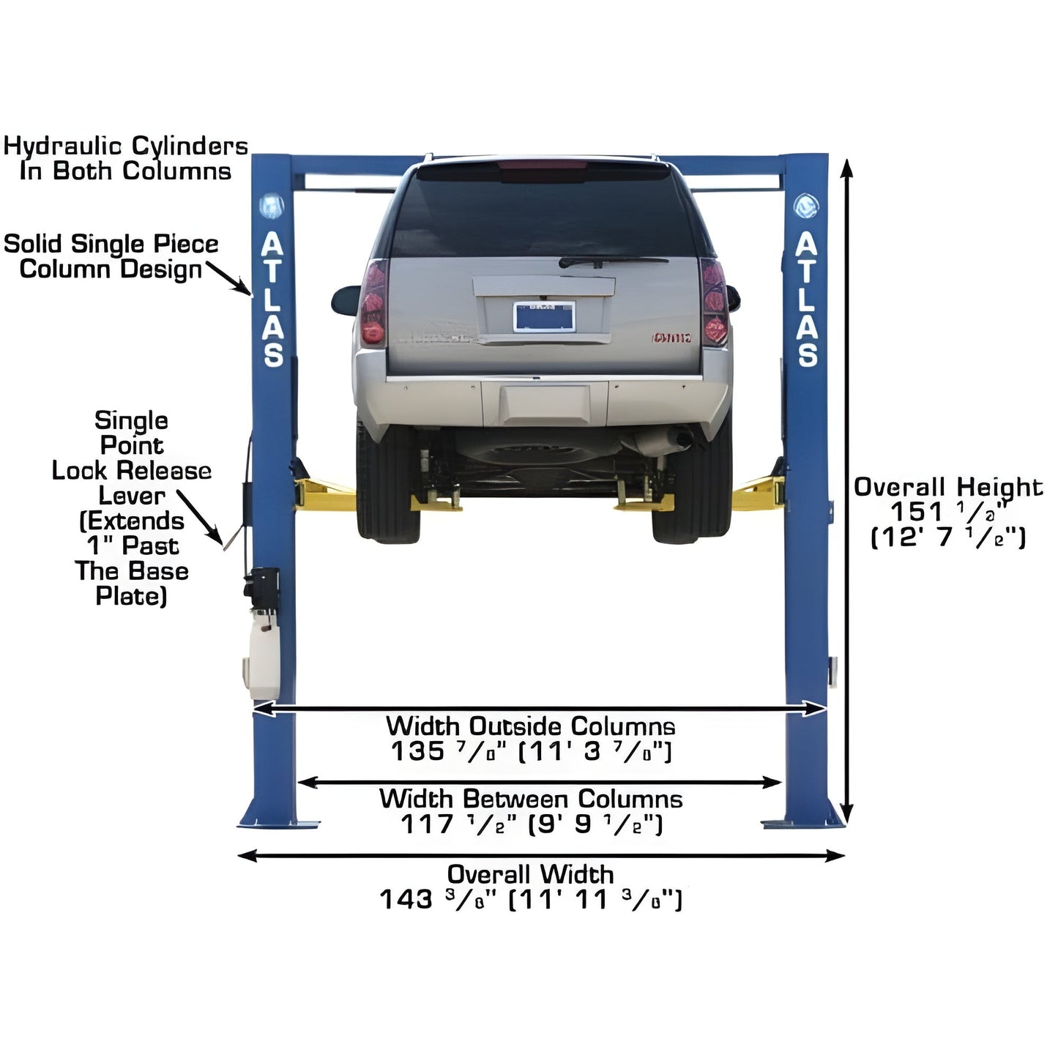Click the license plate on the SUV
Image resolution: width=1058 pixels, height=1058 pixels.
coord(544,316)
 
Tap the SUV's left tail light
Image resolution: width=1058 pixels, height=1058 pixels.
coord(373,303)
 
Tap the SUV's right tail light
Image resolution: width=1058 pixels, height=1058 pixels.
coord(714,302)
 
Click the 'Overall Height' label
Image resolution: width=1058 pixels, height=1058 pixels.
coord(947,487)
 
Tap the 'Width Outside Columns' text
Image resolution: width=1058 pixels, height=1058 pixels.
coord(530,726)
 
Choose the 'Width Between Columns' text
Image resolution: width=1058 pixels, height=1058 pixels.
coord(530,799)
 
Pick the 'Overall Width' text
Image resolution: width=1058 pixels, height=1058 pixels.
coord(530,874)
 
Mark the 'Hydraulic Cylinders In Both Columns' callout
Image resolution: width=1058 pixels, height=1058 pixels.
coord(125,158)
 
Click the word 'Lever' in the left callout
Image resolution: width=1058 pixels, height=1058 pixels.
coord(132,496)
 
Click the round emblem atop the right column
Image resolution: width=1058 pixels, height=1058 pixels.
coord(806,206)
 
